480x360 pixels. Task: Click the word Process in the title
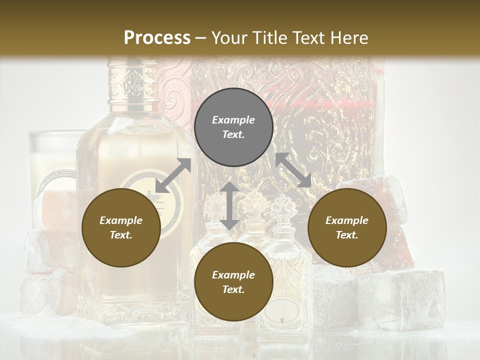point(157,38)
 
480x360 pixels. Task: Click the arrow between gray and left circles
point(173,175)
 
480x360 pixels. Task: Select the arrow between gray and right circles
point(293,170)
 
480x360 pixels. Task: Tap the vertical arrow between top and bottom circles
point(229,205)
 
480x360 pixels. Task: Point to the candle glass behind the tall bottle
point(52,160)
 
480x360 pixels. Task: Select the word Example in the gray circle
point(233,120)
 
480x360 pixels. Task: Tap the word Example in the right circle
point(346,220)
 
